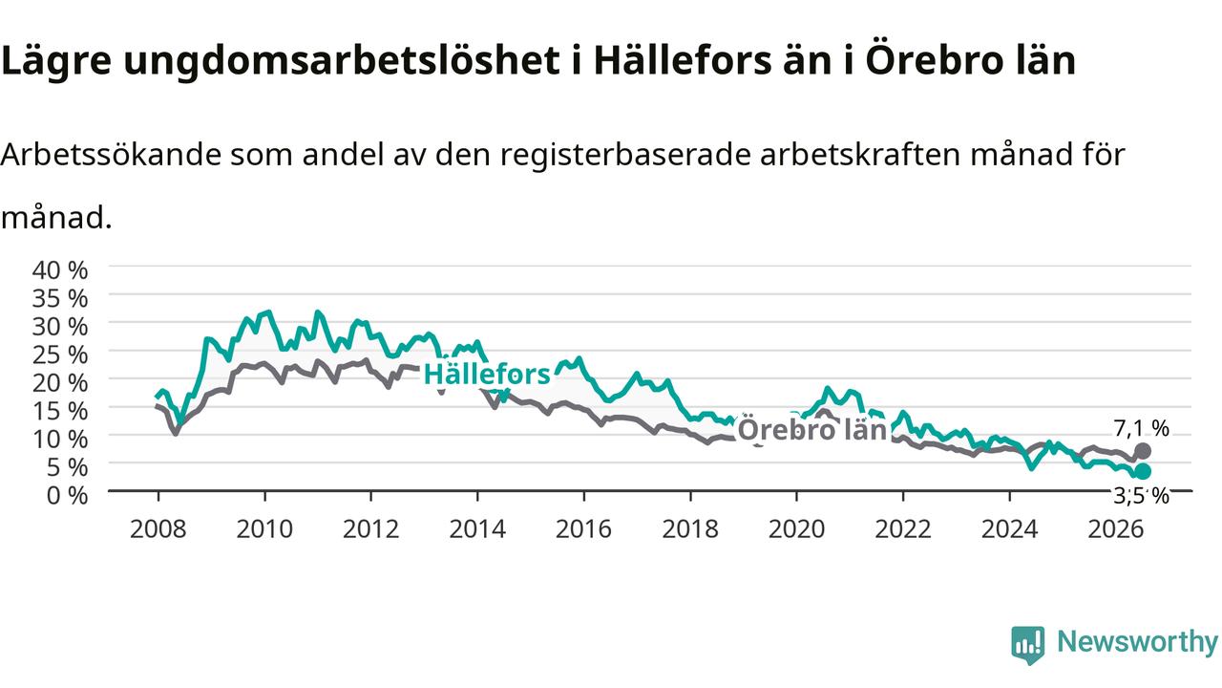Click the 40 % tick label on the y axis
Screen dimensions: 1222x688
pos(60,269)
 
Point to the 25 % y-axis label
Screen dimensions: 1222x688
pos(60,355)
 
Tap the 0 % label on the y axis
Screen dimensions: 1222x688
pos(67,495)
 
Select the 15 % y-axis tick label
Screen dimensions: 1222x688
pos(60,411)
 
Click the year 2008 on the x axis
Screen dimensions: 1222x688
pos(158,529)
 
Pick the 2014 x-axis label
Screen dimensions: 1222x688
pos(477,529)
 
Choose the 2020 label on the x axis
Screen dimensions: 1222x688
pos(796,529)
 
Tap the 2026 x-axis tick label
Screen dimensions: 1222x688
pos(1116,529)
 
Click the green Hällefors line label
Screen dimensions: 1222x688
pos(487,375)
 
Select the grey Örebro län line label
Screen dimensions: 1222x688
pos(812,429)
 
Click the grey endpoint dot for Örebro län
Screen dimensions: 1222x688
pos(1143,451)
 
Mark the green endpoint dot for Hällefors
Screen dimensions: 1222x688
pos(1143,471)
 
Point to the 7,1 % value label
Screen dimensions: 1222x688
pos(1141,429)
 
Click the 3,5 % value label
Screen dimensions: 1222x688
pos(1141,496)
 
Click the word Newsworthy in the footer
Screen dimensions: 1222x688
pos(1137,641)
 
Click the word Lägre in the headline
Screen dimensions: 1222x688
pos(56,60)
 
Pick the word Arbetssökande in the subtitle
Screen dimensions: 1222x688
pos(112,155)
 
